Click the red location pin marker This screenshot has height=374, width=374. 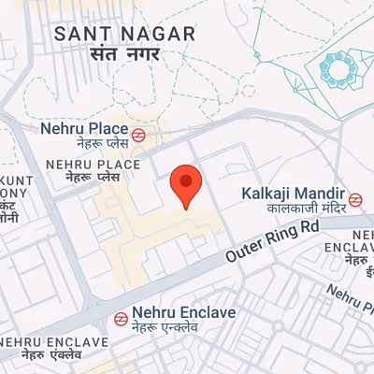click(x=188, y=184)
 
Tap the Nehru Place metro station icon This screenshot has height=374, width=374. click(x=137, y=134)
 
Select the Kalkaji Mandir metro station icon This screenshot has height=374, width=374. click(x=355, y=199)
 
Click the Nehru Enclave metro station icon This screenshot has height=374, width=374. click(x=121, y=318)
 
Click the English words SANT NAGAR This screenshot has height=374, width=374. click(x=125, y=34)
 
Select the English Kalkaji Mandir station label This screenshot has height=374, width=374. click(x=294, y=193)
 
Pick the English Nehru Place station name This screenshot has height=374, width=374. click(x=83, y=128)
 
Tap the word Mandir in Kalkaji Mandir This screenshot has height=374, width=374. click(x=319, y=193)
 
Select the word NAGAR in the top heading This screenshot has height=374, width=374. click(x=165, y=34)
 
